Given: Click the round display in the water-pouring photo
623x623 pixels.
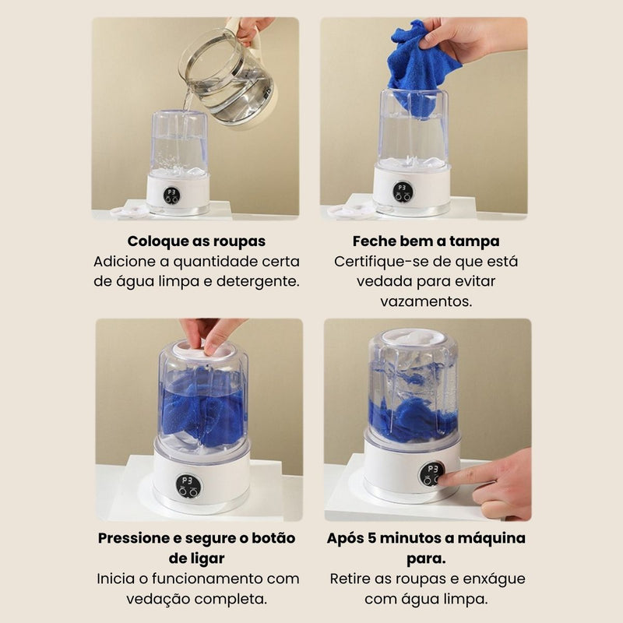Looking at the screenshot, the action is [171, 195].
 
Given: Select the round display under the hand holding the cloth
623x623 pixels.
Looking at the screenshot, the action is [403, 192].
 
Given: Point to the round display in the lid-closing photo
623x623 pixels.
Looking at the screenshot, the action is [188, 486].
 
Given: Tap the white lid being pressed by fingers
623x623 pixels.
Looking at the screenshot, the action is [203, 349].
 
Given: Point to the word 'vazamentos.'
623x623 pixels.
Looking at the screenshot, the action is [426, 301].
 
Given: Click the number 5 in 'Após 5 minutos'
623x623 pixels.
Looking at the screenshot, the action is [371, 538].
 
